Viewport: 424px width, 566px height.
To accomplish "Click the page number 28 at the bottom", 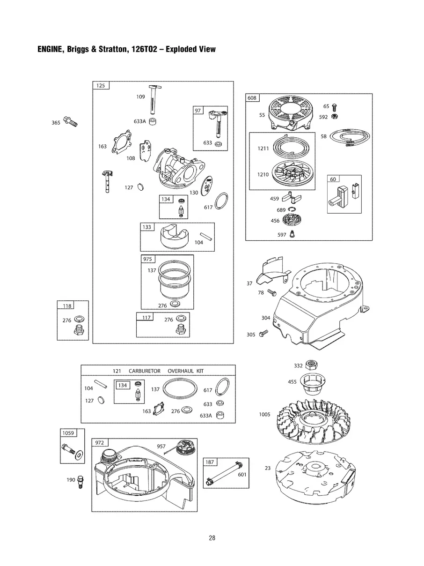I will click(212, 538).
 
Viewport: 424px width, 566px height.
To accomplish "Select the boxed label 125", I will click(101, 86).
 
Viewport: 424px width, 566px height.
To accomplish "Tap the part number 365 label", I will click(56, 123).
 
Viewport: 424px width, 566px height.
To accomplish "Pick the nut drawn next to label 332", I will click(310, 365).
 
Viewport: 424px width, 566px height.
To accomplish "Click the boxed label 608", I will click(252, 98).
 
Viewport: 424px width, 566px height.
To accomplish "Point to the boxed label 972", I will click(100, 442).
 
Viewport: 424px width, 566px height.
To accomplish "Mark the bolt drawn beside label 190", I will click(80, 481).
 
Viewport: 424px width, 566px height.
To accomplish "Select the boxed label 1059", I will click(67, 432).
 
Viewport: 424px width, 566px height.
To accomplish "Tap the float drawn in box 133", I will click(174, 238).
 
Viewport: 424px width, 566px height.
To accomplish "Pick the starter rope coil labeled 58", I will click(350, 136).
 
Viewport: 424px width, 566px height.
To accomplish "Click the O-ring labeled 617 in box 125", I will click(221, 201).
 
